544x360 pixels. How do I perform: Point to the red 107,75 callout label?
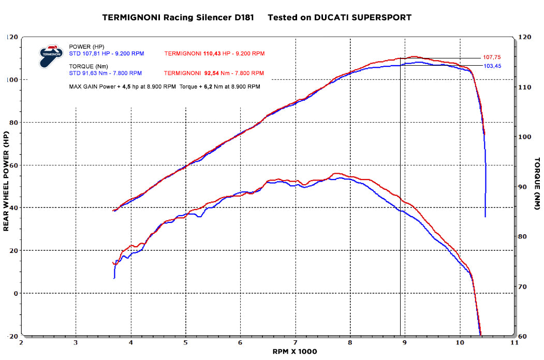[x=491, y=57]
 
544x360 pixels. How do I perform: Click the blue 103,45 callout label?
[x=491, y=66]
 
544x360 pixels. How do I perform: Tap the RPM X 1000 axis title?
[x=295, y=352]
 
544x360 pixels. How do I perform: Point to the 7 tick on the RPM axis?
[x=295, y=342]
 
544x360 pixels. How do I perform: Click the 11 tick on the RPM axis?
[x=514, y=342]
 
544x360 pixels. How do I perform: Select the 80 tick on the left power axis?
[x=13, y=123]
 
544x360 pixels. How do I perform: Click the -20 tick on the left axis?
[x=12, y=336]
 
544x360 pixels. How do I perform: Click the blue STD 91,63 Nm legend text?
[x=95, y=73]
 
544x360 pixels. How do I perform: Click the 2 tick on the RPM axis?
[x=21, y=342]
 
